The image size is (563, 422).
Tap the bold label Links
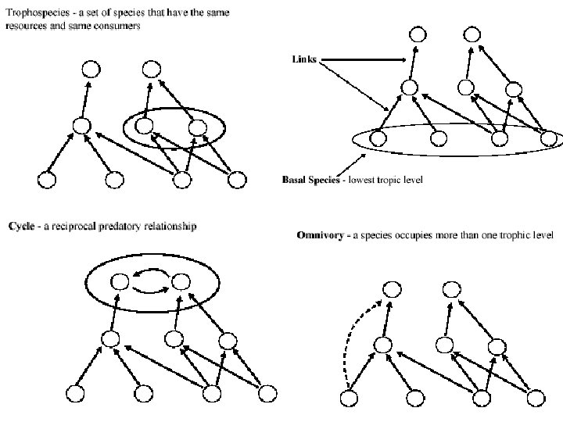pyautogui.click(x=304, y=59)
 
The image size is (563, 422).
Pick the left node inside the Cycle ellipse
pyautogui.click(x=120, y=281)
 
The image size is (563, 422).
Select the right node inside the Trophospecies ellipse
pyautogui.click(x=197, y=127)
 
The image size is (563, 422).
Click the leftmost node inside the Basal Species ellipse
pyautogui.click(x=378, y=139)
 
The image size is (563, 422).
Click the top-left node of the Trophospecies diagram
pyautogui.click(x=91, y=69)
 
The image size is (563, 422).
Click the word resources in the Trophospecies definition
pyautogui.click(x=27, y=25)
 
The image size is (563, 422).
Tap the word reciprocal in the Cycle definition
pyautogui.click(x=75, y=227)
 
